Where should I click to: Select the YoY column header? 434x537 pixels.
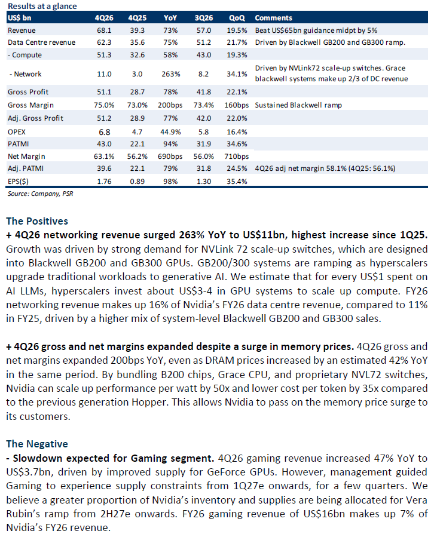(x=170, y=18)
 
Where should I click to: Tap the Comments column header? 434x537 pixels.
(x=273, y=18)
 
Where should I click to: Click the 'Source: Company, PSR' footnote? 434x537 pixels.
(x=38, y=194)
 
